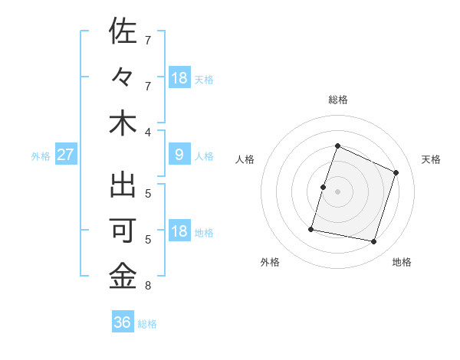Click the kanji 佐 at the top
point(123,32)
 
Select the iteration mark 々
point(123,77)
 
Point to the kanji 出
point(123,185)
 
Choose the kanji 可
point(123,231)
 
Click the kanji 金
point(123,277)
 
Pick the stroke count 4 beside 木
point(148,133)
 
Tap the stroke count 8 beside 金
point(148,286)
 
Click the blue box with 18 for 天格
point(179,77)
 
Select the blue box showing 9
point(179,155)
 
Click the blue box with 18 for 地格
point(179,231)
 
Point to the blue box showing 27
point(66,155)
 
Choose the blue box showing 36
point(123,322)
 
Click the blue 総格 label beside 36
point(148,324)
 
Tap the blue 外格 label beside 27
point(41,155)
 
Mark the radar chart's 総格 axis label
point(337,100)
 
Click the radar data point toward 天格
point(396,172)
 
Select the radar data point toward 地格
point(373,241)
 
